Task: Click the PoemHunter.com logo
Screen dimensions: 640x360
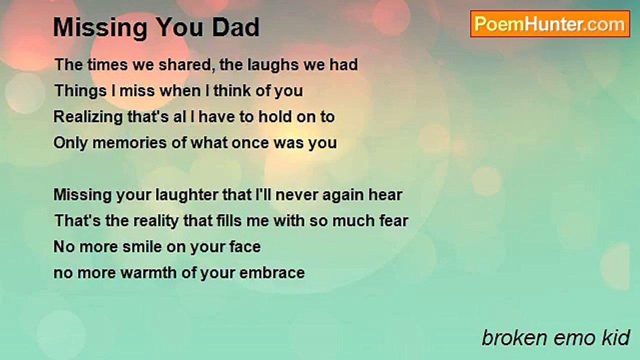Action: click(x=550, y=24)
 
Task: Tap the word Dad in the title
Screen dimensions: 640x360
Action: click(x=235, y=27)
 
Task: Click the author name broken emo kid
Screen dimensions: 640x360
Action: click(x=555, y=337)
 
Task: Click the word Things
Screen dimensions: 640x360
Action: click(x=80, y=91)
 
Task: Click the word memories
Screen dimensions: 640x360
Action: click(x=129, y=143)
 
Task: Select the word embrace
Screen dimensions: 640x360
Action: click(x=272, y=273)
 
